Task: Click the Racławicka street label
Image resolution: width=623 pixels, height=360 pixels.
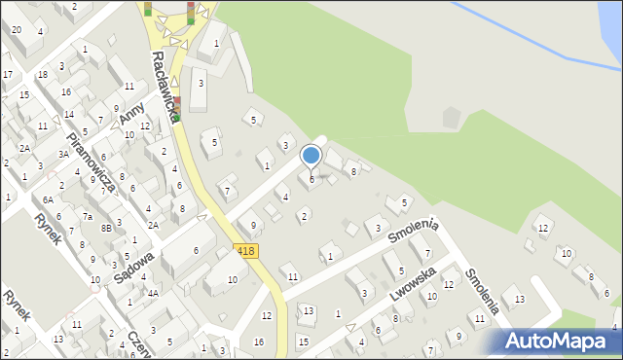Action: (x=163, y=85)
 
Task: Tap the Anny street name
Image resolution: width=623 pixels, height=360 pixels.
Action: (x=129, y=115)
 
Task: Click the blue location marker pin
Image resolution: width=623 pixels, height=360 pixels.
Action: (x=311, y=156)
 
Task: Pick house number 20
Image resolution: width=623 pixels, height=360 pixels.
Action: (x=16, y=29)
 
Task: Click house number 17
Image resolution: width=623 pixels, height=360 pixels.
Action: (x=7, y=74)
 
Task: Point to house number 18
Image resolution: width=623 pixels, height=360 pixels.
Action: (x=42, y=74)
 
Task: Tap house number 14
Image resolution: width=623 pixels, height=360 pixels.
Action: (x=68, y=114)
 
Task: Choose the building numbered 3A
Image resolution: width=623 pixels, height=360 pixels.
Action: (x=63, y=154)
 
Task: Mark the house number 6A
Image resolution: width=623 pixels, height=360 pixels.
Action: (x=48, y=199)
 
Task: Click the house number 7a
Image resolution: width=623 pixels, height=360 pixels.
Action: (x=87, y=216)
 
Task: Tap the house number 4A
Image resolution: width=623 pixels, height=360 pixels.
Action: (x=153, y=292)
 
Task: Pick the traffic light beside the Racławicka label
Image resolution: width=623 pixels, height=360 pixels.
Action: (x=177, y=109)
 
